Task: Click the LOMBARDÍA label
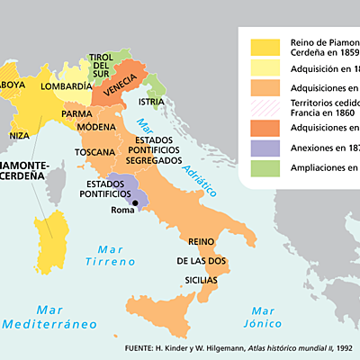click(67, 86)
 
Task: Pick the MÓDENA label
click(96, 127)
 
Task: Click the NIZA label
click(20, 136)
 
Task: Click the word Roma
click(121, 211)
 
